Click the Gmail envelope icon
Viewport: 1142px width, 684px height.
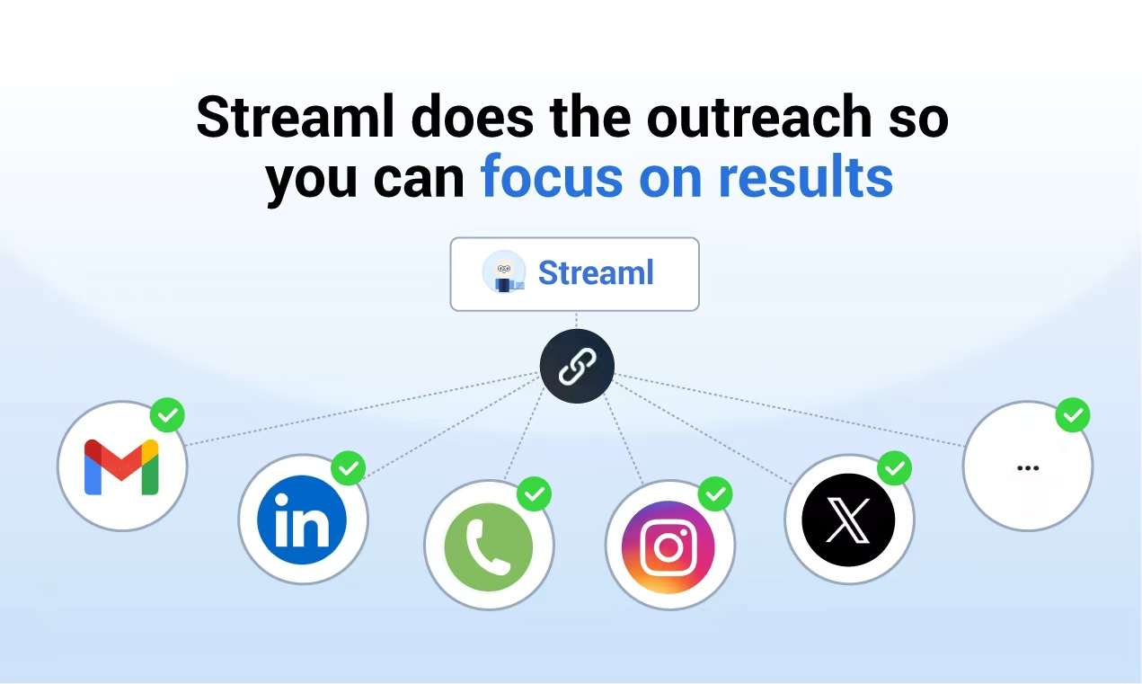click(x=121, y=466)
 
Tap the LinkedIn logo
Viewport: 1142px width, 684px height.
click(x=302, y=520)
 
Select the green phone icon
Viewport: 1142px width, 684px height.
click(x=489, y=546)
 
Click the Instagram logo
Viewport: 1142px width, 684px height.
click(x=668, y=547)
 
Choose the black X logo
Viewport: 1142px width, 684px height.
click(x=848, y=520)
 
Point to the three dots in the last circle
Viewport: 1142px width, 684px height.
click(x=1028, y=467)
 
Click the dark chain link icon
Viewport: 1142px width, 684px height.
click(x=577, y=366)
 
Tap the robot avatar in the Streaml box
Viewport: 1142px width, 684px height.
click(x=504, y=271)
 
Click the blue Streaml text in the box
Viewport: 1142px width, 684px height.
click(x=596, y=273)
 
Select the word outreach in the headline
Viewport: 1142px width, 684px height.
click(x=759, y=117)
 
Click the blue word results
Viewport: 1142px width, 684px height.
click(x=806, y=177)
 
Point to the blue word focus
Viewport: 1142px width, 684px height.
click(x=551, y=177)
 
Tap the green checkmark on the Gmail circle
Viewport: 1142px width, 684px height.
click(x=167, y=415)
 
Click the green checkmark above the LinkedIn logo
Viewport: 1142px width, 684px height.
click(x=349, y=468)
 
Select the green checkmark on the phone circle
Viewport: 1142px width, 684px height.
click(x=534, y=493)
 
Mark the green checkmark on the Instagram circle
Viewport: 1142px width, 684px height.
click(x=715, y=493)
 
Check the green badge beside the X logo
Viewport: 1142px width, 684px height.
click(x=894, y=468)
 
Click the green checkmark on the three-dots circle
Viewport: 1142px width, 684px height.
click(x=1073, y=415)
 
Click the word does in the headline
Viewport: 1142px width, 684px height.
click(x=473, y=117)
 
